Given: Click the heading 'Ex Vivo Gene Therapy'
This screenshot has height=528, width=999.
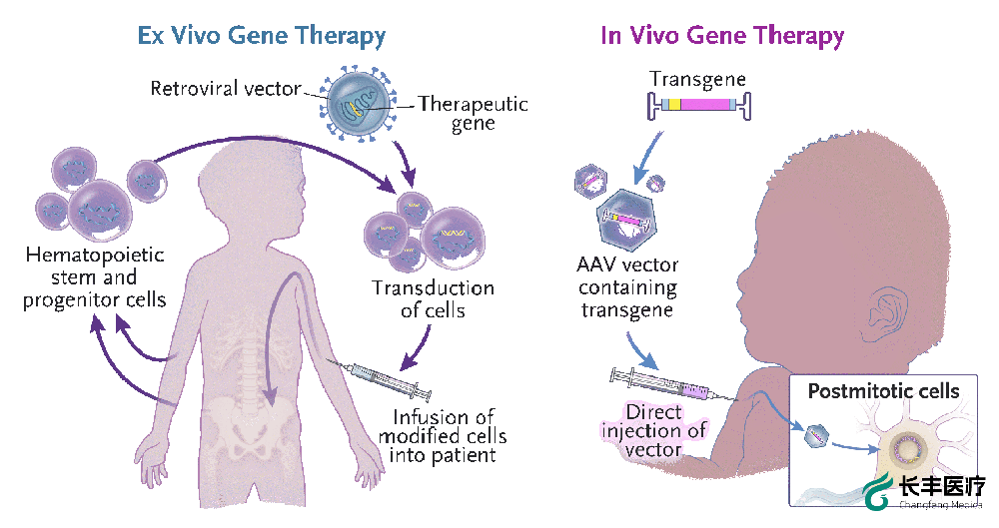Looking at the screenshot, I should tap(261, 37).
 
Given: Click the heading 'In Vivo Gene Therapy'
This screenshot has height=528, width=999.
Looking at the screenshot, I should tap(722, 37).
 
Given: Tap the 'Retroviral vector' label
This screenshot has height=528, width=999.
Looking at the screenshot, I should tap(226, 89).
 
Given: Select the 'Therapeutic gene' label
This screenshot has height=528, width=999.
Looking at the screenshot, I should tap(473, 113).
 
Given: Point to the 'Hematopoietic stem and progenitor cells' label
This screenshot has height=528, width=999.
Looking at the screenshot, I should tap(95, 277).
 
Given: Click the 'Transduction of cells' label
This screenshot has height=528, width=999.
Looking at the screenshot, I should tap(433, 299).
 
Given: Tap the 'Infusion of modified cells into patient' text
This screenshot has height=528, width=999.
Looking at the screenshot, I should tap(443, 435).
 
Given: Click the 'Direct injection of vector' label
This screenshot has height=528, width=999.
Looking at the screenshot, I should tap(654, 430).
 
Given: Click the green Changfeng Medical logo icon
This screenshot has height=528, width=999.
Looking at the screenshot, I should tap(879, 491).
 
